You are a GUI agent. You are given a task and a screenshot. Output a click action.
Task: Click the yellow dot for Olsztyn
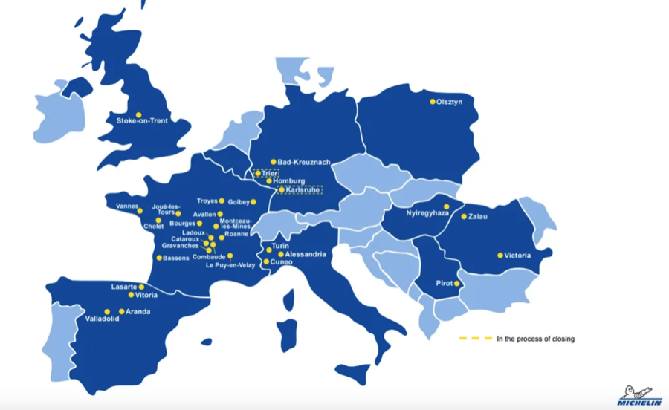point(433,102)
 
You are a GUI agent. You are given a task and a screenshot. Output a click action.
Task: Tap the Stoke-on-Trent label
point(142,124)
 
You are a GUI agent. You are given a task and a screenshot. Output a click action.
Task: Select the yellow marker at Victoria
point(500,256)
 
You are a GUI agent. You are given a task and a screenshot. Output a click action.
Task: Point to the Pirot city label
point(445,284)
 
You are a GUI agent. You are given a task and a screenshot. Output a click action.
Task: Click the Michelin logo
point(639,397)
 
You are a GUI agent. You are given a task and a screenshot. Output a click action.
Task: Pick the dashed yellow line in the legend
point(476,339)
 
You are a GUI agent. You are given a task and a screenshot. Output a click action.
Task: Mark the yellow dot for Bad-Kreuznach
point(274,161)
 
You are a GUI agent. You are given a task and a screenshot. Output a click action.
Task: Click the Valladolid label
point(102,319)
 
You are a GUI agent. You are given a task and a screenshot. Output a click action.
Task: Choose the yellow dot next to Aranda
point(122,312)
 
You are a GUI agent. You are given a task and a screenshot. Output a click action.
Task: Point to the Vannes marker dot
point(140,211)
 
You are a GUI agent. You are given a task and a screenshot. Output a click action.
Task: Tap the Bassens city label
point(178,258)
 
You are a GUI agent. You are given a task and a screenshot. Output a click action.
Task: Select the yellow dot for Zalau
point(464,217)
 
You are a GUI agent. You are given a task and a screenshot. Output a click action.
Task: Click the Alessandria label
point(306,254)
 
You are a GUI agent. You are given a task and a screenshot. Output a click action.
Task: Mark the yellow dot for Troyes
point(222,201)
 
